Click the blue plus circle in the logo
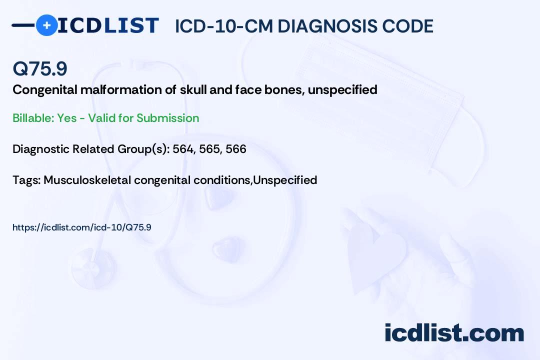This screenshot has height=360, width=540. (x=46, y=25)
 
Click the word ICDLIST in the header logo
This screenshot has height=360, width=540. (x=108, y=25)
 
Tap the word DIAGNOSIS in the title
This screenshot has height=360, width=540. (x=327, y=26)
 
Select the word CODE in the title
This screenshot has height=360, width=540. (x=408, y=26)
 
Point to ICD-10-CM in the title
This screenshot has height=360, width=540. (x=224, y=26)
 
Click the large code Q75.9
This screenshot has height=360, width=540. (x=40, y=68)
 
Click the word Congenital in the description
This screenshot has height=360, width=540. (x=45, y=90)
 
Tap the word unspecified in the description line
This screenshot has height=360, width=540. (x=342, y=90)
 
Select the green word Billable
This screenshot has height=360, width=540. (x=33, y=118)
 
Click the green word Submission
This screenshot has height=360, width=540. (x=167, y=118)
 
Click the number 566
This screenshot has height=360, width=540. (x=236, y=149)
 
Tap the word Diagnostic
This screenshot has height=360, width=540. (x=40, y=149)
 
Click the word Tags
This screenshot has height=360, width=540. (x=26, y=180)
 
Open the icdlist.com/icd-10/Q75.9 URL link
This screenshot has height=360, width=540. (x=82, y=227)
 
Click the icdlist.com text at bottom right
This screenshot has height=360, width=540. (x=454, y=333)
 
